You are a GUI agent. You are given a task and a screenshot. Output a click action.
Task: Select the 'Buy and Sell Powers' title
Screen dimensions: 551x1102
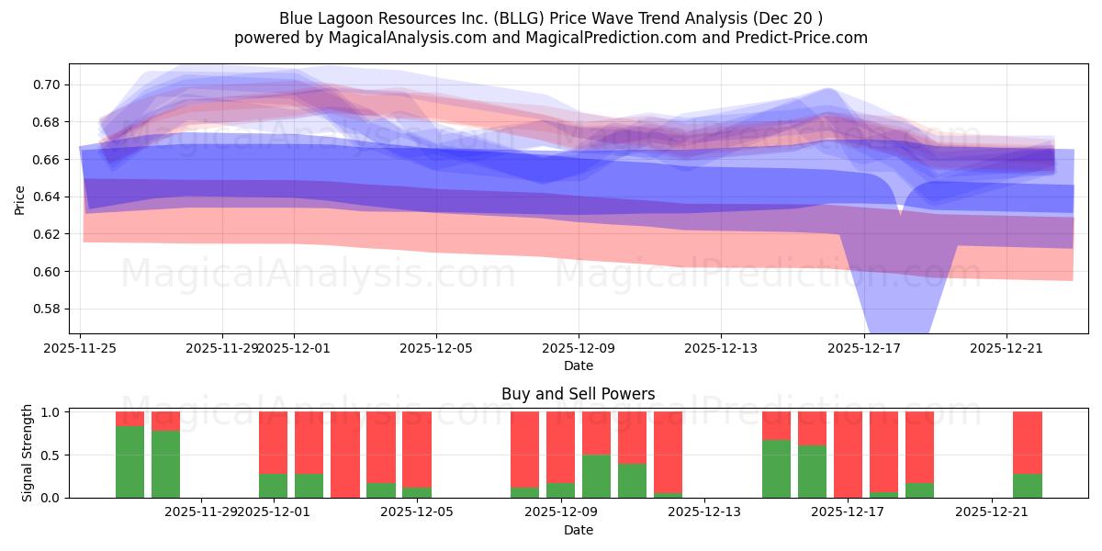[x=578, y=394]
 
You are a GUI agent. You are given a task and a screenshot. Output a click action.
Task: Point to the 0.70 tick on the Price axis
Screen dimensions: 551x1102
[x=46, y=84]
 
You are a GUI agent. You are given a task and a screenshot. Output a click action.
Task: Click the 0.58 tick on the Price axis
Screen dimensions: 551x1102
[x=46, y=309]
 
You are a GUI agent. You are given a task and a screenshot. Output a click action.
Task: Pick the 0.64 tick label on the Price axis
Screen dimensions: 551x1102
[x=46, y=197]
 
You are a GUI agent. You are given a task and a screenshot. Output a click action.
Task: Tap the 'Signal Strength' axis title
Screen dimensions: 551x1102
[x=28, y=452]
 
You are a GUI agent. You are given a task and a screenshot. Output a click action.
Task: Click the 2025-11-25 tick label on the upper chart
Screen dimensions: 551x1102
[x=81, y=348]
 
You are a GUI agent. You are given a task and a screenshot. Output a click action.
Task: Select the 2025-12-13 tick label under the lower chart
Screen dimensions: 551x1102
[x=704, y=512]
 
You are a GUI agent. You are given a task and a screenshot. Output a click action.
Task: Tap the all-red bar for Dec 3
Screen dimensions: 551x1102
[x=345, y=455]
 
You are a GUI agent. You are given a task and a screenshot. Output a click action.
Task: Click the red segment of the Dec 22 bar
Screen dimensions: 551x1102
[x=1028, y=443]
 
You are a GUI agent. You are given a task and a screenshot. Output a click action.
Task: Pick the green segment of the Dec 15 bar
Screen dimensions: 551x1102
[x=777, y=468]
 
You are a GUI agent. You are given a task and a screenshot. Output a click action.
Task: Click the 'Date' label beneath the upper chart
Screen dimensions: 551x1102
[x=578, y=365]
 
